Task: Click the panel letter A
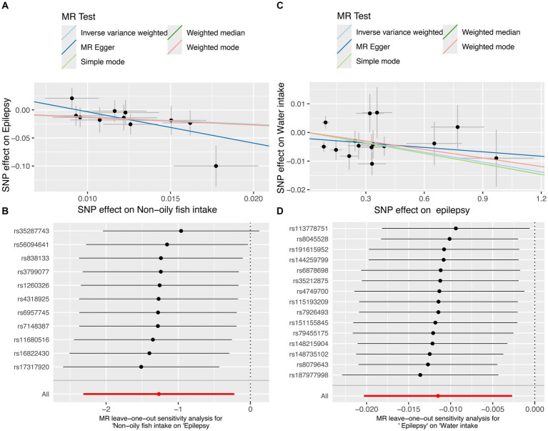(5, 6)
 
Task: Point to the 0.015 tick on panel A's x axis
(170, 199)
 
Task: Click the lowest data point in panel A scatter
(216, 166)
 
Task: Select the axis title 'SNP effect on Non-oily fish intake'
(147, 209)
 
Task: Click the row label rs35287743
(32, 231)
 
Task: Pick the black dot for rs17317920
(141, 367)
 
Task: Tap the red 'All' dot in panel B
(159, 394)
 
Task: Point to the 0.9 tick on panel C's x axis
(483, 199)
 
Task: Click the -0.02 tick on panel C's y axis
(297, 190)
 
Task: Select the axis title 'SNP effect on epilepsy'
(422, 210)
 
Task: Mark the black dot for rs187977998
(420, 375)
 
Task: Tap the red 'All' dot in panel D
(438, 396)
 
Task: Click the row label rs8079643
(312, 365)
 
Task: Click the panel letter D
(280, 212)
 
